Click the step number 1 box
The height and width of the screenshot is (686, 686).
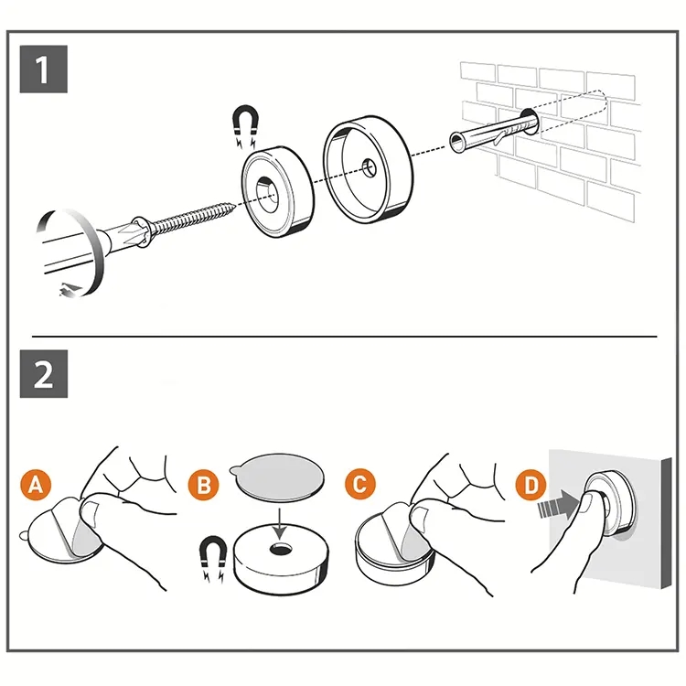(x=44, y=69)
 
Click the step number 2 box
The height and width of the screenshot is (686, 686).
(x=44, y=374)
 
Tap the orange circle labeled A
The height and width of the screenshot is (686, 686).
(x=36, y=485)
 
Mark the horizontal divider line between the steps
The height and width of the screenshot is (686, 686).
(x=344, y=337)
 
